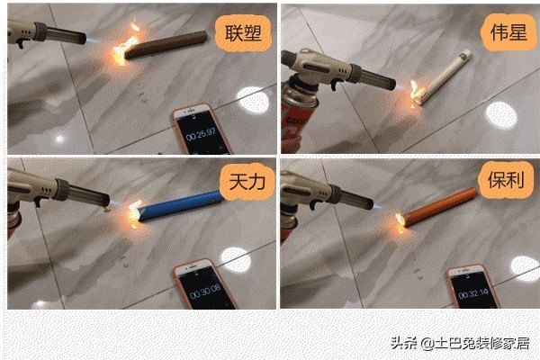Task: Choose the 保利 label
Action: pos(502,175)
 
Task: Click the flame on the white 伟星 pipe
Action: pos(415,89)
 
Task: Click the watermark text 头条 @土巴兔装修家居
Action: pos(459,342)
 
